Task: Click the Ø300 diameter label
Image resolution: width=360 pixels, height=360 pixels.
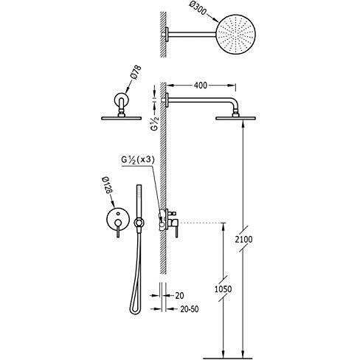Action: (198, 9)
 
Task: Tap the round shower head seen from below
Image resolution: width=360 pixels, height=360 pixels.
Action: (236, 34)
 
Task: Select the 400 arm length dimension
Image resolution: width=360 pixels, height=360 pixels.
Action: (201, 86)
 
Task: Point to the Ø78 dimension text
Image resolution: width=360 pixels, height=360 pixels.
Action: (136, 72)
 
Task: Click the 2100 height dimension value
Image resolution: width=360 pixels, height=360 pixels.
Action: (243, 239)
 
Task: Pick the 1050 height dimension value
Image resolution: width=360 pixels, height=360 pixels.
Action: (224, 289)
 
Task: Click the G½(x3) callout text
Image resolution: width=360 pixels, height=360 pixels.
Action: (138, 160)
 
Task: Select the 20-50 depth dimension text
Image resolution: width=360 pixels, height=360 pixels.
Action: (190, 309)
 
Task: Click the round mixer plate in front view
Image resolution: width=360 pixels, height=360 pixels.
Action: (117, 218)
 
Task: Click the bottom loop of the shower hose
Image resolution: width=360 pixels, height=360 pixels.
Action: (135, 311)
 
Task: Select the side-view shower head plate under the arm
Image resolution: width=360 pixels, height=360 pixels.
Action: (235, 118)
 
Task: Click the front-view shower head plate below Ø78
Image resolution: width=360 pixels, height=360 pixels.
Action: (122, 118)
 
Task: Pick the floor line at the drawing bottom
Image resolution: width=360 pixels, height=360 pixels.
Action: (227, 358)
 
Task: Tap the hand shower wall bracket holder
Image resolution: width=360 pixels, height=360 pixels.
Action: (139, 223)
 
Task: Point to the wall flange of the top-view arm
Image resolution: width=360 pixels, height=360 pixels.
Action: (167, 34)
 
